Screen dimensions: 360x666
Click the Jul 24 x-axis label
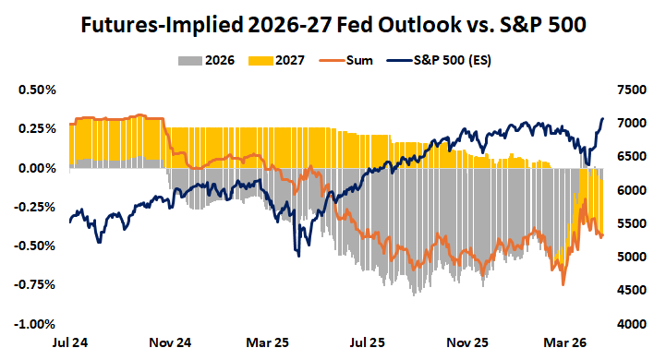coord(70,342)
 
